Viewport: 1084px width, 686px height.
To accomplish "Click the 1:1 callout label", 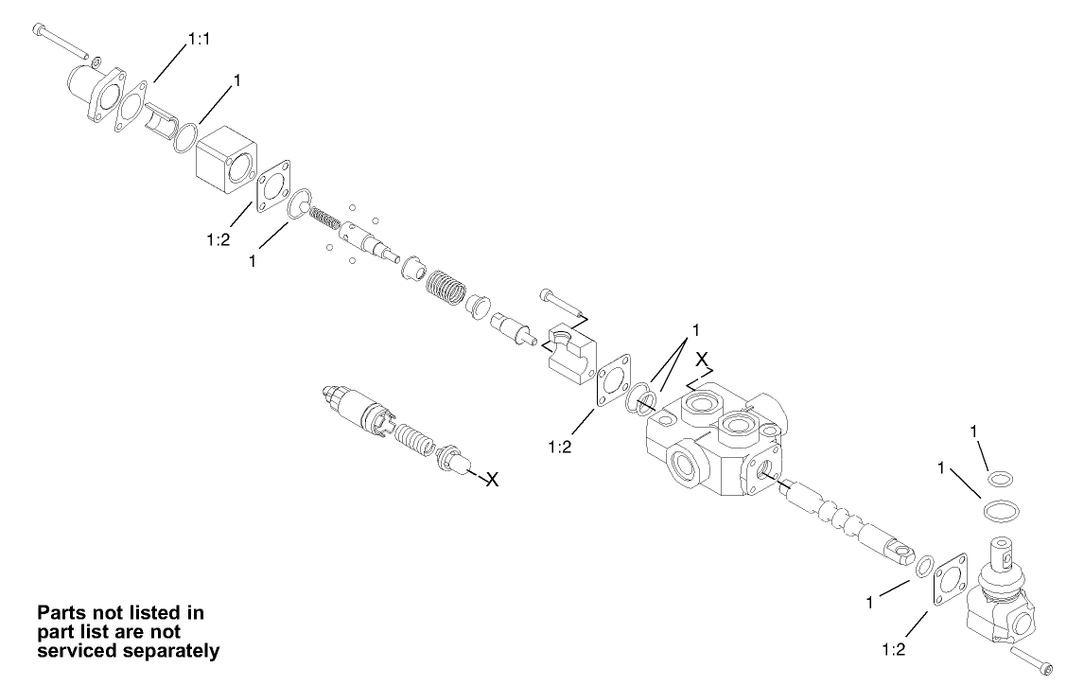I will click(x=199, y=39).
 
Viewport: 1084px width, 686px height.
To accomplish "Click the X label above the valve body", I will click(x=702, y=360).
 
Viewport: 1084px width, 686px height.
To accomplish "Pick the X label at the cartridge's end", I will click(x=492, y=480).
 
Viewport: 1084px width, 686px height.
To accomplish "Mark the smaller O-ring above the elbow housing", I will click(x=999, y=481).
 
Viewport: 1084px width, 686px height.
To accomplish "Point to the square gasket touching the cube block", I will click(x=275, y=185).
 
